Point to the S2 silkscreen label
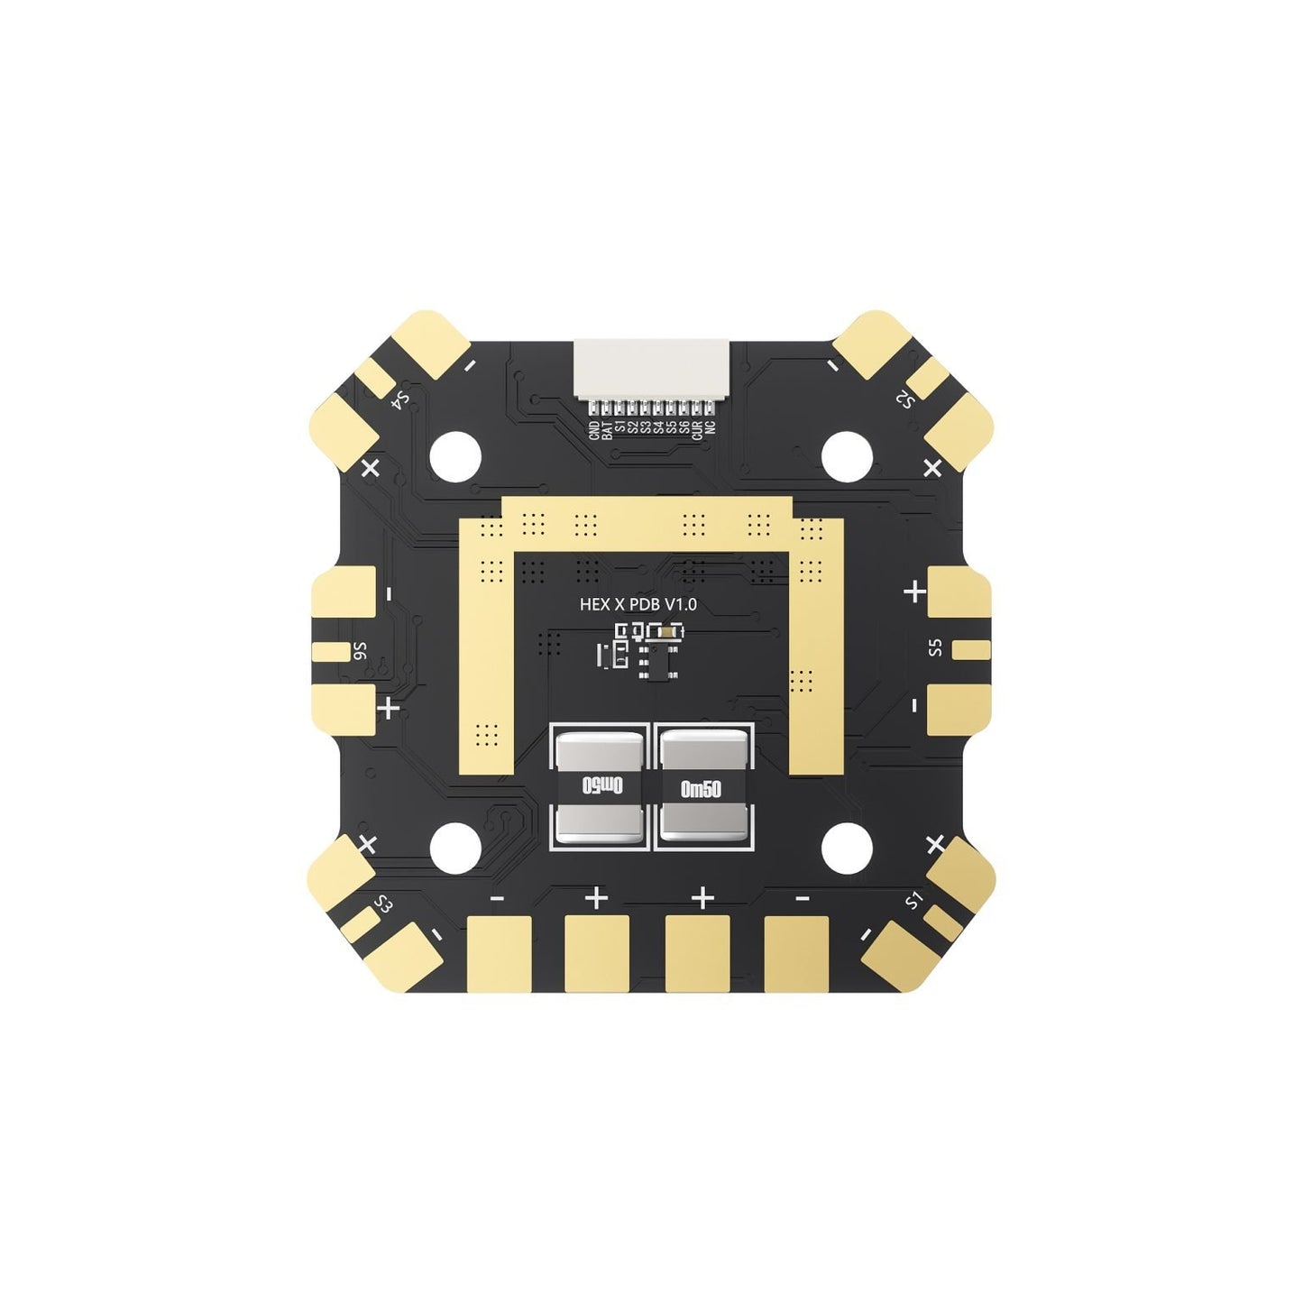tap(904, 399)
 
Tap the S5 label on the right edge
tap(935, 647)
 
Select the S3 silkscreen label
tap(383, 904)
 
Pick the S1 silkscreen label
tap(915, 900)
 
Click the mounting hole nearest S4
tap(455, 455)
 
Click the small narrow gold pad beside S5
tap(971, 648)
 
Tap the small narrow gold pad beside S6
tap(329, 651)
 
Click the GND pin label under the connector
tap(593, 430)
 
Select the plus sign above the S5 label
tap(915, 592)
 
